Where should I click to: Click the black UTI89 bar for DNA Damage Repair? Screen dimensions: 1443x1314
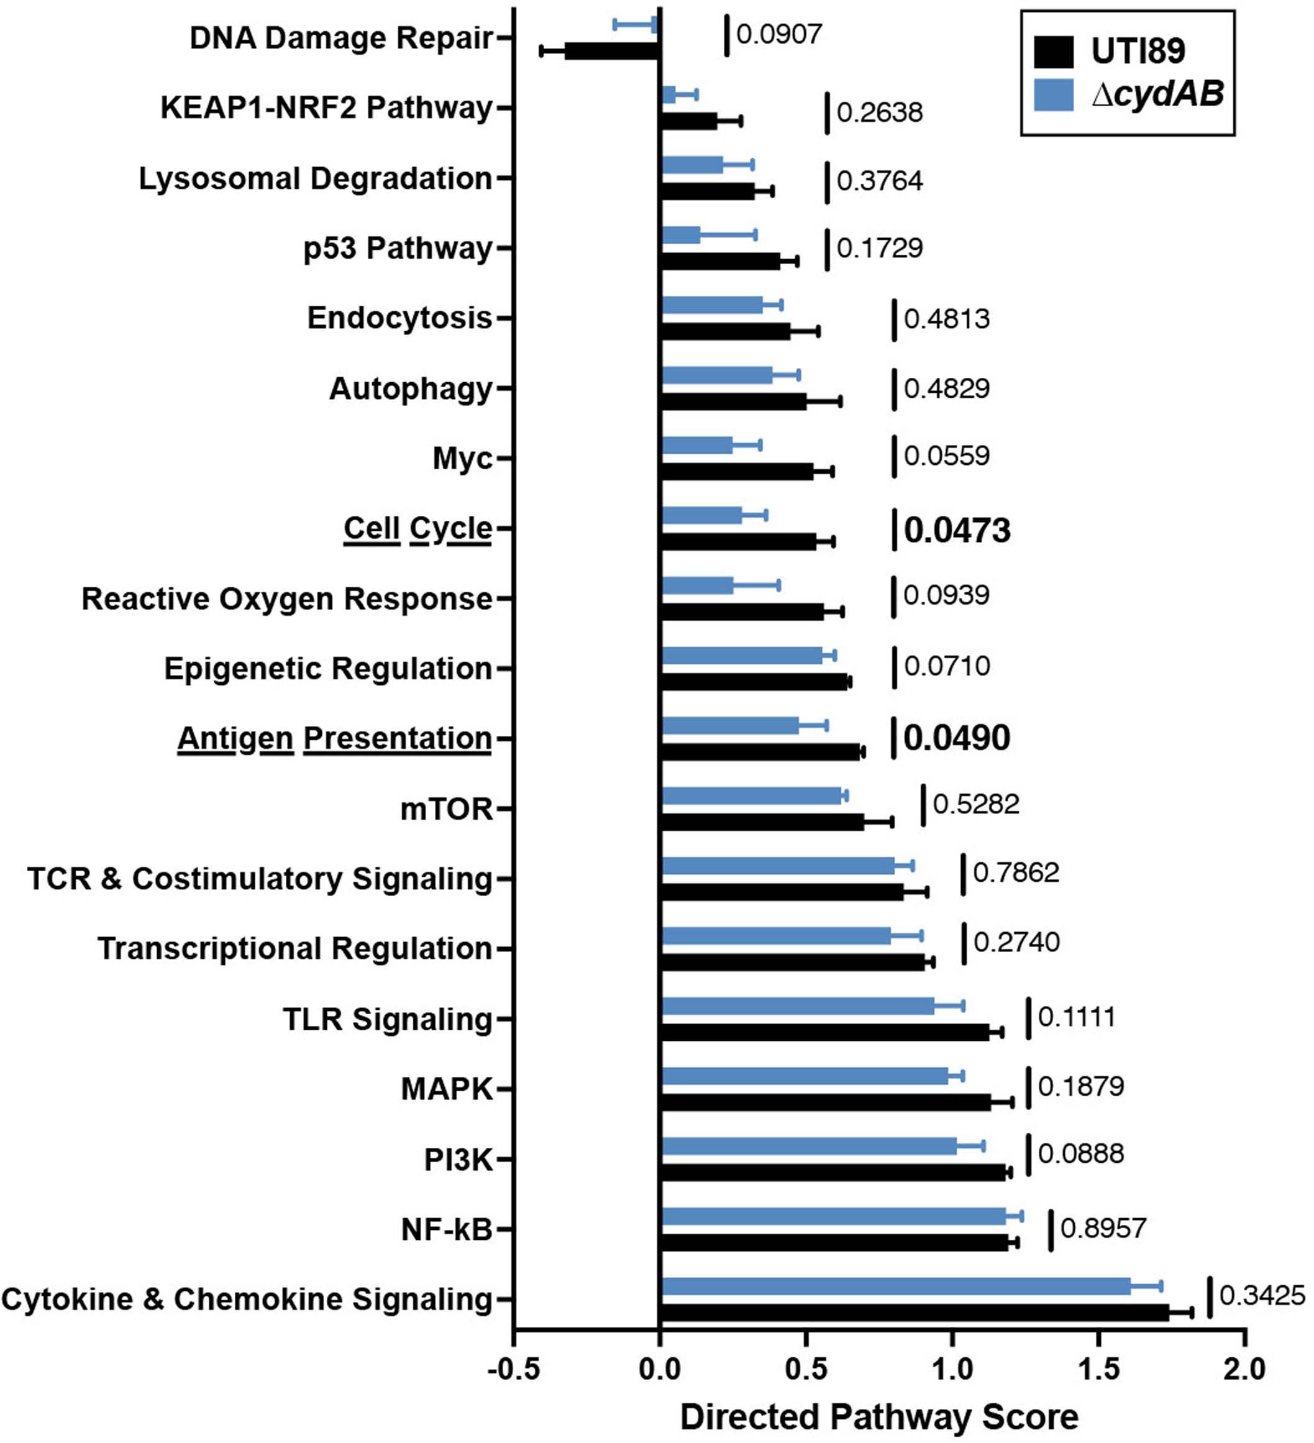[x=612, y=51]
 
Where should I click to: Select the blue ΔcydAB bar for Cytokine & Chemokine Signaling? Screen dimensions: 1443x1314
[x=895, y=1286]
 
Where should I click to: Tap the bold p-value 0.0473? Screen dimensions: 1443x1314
[x=956, y=530]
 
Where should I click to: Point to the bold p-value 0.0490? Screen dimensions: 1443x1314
[x=956, y=738]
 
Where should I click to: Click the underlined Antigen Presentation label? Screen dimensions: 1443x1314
[x=334, y=738]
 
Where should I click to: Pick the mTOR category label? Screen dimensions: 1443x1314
[x=447, y=809]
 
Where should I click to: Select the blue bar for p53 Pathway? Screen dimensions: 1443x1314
[x=680, y=235]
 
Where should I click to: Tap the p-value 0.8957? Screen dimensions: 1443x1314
[x=1103, y=1228]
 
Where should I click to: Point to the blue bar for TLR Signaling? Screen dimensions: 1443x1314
[x=797, y=1006]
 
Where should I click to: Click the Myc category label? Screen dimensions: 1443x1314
[x=462, y=458]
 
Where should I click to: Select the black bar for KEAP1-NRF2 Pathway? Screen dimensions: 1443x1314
[x=688, y=121]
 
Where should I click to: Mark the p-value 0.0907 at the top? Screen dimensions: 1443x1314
[x=778, y=34]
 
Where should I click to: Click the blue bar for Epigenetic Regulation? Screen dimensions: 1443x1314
[x=741, y=656]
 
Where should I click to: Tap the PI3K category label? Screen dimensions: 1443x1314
[x=458, y=1159]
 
